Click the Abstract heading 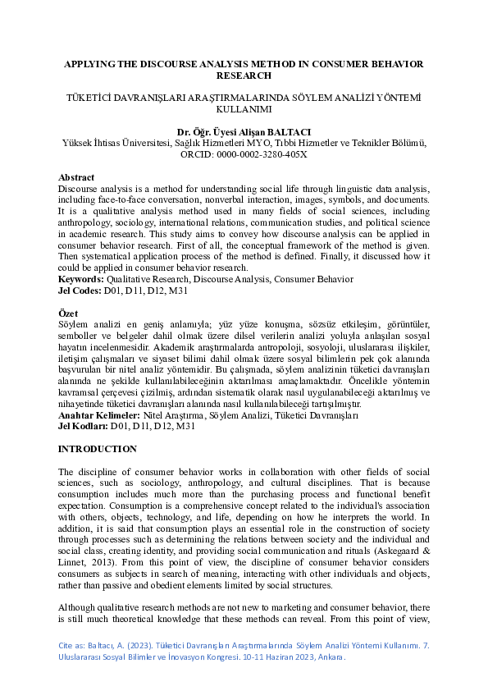pos(76,178)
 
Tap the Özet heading pos(68,315)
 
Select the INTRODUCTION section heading pos(98,450)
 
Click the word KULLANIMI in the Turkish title pos(244,108)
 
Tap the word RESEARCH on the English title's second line pos(244,75)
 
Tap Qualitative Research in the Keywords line pos(145,278)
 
